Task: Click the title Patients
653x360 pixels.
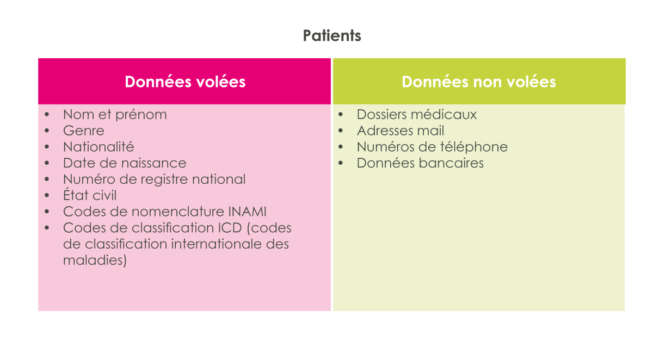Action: coord(332,36)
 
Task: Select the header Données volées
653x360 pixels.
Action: coord(185,82)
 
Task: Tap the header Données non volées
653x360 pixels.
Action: coord(479,82)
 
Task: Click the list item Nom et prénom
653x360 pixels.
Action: coord(115,115)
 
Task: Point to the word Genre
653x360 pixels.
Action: coord(84,131)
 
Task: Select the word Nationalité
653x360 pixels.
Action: coord(98,147)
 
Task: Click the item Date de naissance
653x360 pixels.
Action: coord(125,163)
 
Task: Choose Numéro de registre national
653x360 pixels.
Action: coord(154,179)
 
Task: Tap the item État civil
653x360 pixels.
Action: coord(90,195)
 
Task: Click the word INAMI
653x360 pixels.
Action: coord(247,212)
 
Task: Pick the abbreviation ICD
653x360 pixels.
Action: coord(230,228)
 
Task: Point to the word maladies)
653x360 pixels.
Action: coord(95,260)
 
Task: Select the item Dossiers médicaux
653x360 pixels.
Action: coord(417,114)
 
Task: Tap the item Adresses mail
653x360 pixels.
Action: coord(401,131)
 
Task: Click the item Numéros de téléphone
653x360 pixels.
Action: coord(432,147)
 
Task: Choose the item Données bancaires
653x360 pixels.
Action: coord(420,163)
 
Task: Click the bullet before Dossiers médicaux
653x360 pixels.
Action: coord(341,114)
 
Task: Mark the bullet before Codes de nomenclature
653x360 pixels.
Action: coord(47,212)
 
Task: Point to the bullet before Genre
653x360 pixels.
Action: coord(47,131)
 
